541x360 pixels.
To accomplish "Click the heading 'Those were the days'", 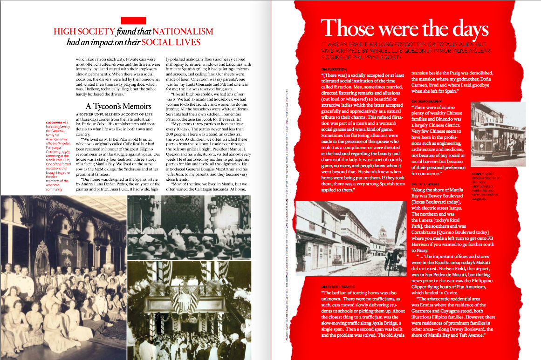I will point(404,28).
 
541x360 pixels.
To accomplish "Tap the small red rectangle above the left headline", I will point(134,20).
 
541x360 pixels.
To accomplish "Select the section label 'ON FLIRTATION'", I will point(334,69).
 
